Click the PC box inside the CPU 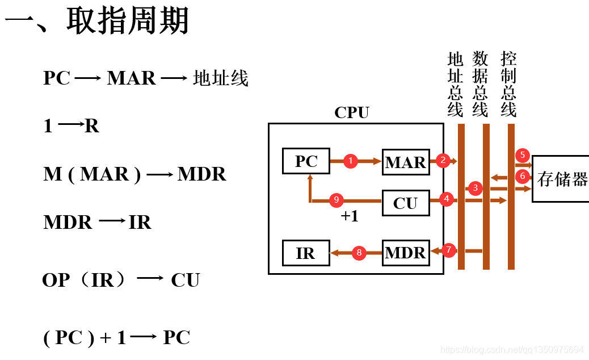(x=306, y=161)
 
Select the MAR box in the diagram (x=406, y=162)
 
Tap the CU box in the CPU (x=406, y=203)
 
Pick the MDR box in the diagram (x=406, y=253)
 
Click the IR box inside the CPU (x=306, y=253)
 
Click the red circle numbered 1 (x=351, y=161)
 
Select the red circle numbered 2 (x=443, y=160)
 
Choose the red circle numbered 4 (x=447, y=199)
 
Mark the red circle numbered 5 (x=523, y=155)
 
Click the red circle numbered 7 (x=449, y=250)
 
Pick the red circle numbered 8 (x=359, y=253)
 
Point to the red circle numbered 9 (x=336, y=199)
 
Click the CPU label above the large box (x=352, y=112)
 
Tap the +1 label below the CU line (x=350, y=216)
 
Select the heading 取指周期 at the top (x=128, y=22)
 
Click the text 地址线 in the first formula (x=221, y=78)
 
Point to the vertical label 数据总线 (x=480, y=84)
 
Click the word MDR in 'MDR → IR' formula (x=68, y=222)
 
